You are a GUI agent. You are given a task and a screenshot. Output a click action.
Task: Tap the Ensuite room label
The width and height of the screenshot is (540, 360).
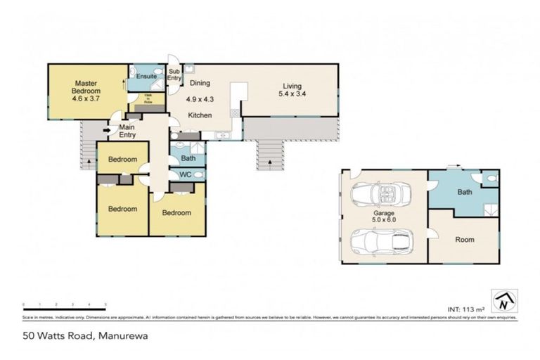tap(146, 76)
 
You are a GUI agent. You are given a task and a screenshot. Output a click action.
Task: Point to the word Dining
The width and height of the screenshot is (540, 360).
tap(200, 83)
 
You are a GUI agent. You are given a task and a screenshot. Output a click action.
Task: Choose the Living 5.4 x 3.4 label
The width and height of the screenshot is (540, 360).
tap(292, 89)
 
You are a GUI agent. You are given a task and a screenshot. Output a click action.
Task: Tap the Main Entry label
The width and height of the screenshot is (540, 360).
tap(127, 131)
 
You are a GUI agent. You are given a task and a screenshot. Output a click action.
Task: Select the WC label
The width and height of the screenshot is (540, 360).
tap(186, 174)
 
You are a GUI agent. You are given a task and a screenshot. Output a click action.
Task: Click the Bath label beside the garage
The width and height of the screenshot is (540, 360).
tap(464, 191)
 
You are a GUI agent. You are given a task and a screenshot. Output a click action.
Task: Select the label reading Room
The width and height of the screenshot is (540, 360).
tap(464, 240)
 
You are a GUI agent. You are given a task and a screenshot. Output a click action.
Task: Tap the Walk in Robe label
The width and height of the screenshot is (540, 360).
tap(148, 99)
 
